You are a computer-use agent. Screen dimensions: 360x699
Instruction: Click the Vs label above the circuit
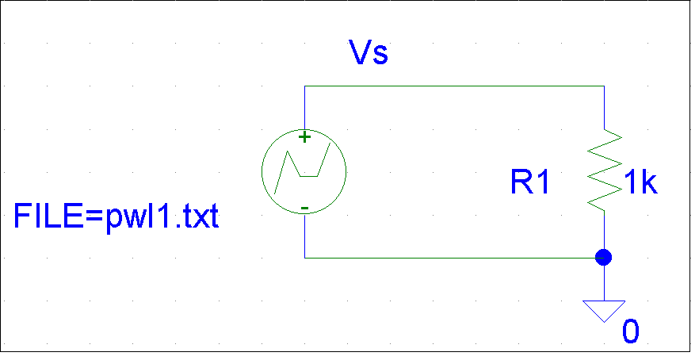[x=369, y=54]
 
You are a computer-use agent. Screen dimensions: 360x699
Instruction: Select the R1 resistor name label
[x=529, y=183]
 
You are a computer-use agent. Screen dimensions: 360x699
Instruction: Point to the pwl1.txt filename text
[x=162, y=216]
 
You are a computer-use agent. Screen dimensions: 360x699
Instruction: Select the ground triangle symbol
[x=604, y=310]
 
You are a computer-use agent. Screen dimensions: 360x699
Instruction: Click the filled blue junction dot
[x=604, y=258]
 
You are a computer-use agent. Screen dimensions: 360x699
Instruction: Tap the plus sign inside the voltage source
[x=304, y=137]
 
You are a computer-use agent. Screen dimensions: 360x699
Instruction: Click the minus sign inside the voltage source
[x=304, y=209]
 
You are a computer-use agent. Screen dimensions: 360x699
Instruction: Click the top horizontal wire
[x=452, y=86]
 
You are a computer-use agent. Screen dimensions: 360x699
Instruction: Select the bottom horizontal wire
[x=452, y=258]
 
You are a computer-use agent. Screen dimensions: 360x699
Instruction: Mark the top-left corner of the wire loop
[x=304, y=86]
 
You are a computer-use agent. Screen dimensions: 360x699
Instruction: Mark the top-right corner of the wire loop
[x=604, y=86]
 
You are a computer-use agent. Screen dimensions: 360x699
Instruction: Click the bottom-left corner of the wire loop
[x=304, y=258]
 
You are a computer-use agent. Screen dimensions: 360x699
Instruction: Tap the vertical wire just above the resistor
[x=604, y=107]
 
